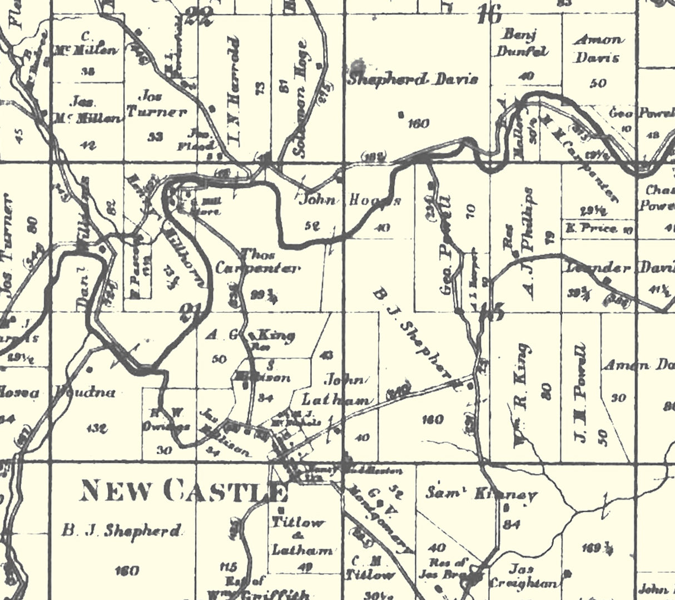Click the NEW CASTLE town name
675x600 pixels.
tap(183, 491)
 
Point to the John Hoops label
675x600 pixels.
tap(350, 199)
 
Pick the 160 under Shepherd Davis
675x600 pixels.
tap(418, 123)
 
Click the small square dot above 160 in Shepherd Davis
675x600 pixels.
tap(400, 115)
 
